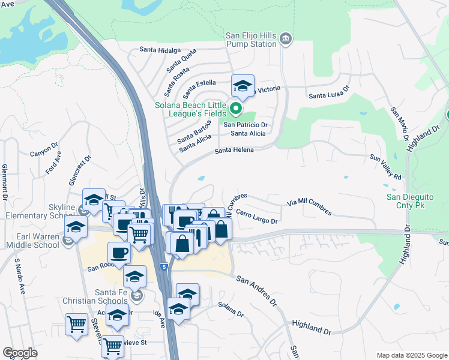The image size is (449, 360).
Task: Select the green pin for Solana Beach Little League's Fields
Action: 236,110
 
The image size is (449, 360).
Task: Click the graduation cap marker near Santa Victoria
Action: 243,86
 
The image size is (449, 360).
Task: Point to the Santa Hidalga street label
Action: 160,50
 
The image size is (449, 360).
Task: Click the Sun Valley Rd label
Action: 385,167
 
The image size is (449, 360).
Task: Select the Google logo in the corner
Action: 20,352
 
